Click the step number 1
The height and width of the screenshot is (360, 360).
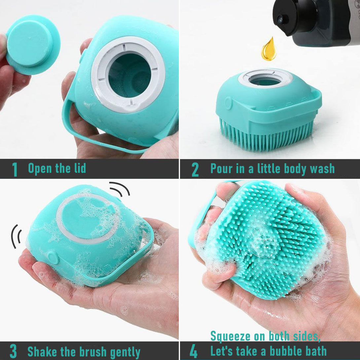(x=15, y=169)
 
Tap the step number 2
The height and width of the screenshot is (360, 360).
(x=195, y=169)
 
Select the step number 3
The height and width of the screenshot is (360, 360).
(x=13, y=351)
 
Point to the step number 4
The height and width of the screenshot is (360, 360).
(x=194, y=351)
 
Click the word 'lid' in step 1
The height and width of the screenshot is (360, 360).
(x=80, y=168)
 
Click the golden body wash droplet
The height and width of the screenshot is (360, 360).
(x=269, y=49)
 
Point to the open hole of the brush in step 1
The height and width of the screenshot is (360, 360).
(x=129, y=75)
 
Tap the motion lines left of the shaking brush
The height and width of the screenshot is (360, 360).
(x=16, y=236)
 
